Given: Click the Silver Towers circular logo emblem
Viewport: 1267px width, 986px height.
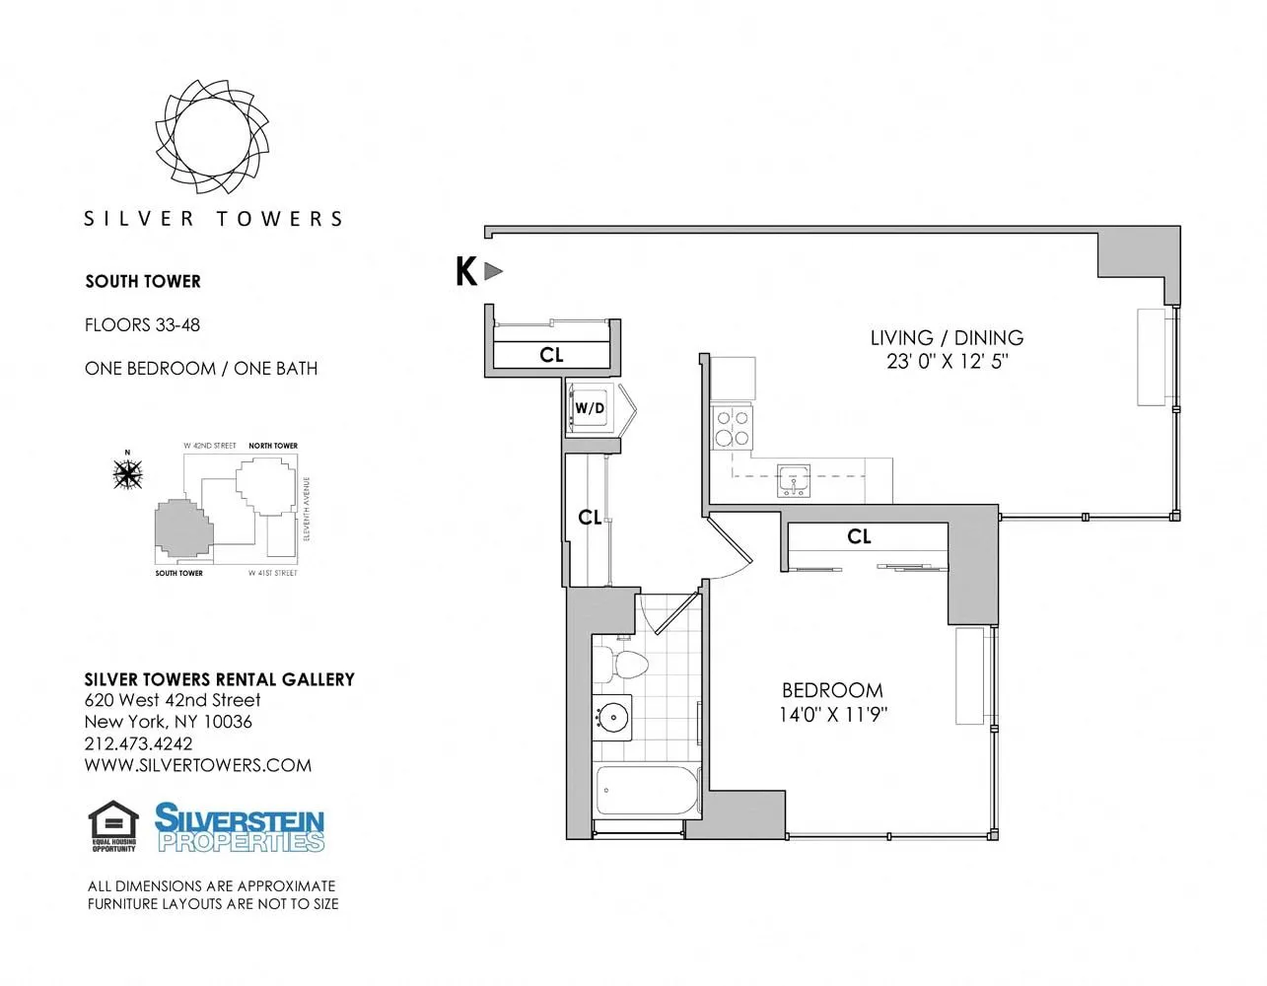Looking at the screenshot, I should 212,136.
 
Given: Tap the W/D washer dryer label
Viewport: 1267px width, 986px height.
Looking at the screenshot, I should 590,408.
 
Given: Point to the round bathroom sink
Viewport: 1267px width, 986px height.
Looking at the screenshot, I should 613,717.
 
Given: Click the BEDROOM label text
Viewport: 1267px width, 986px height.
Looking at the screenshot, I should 832,690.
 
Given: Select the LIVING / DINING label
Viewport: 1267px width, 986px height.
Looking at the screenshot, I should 947,337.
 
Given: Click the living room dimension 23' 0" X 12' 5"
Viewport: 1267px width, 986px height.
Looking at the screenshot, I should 947,362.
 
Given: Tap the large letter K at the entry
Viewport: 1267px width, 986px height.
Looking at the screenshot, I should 466,271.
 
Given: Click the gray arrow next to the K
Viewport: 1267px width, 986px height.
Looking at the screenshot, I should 494,271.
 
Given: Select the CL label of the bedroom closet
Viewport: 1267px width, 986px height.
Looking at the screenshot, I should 859,536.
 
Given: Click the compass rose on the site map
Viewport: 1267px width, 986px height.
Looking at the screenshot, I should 127,474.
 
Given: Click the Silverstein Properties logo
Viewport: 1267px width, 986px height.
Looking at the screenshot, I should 240,827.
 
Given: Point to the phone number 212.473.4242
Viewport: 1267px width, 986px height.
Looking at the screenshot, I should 138,743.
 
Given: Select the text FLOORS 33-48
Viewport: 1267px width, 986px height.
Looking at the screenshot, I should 142,324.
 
